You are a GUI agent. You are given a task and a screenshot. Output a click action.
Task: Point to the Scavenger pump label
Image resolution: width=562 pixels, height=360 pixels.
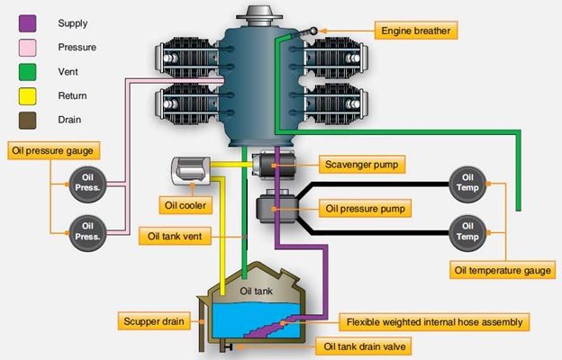(360, 165)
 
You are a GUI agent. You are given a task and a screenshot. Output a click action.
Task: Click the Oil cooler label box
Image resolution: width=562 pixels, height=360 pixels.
(185, 205)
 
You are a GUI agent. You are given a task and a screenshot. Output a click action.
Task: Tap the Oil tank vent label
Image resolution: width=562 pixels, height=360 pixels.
(180, 237)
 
